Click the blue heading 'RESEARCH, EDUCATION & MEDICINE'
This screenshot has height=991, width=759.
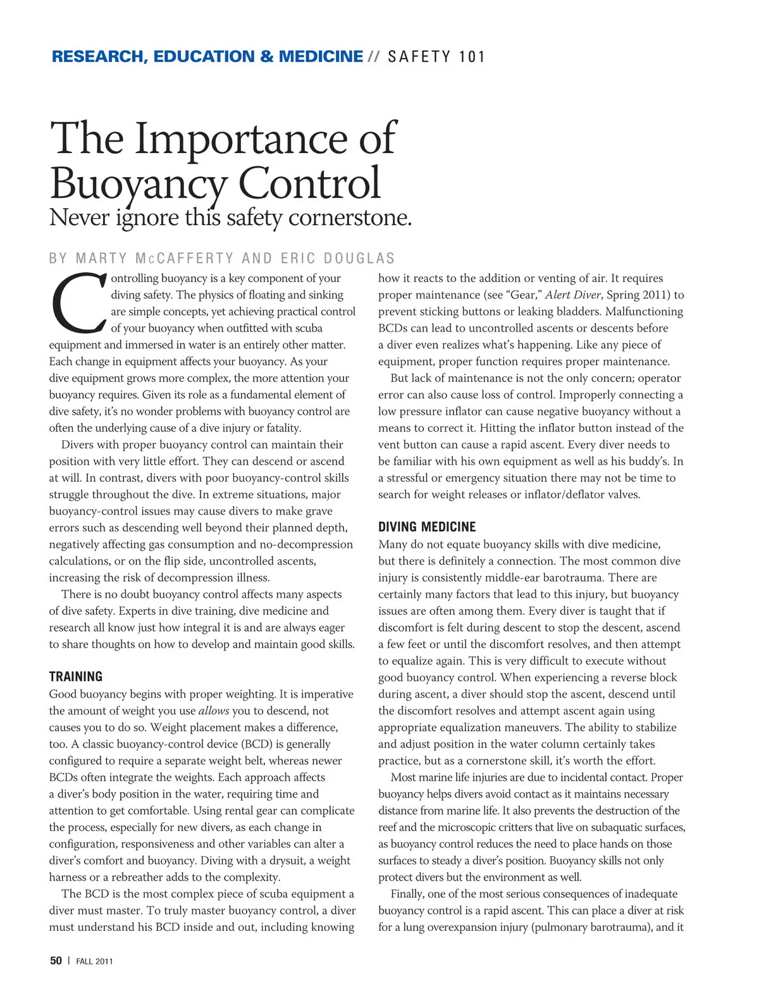click(207, 57)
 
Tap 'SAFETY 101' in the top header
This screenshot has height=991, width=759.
click(436, 57)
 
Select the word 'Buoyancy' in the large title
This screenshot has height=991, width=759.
click(138, 184)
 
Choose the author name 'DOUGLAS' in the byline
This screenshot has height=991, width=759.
click(359, 259)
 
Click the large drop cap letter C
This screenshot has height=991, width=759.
click(77, 303)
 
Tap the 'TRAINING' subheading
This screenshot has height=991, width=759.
click(76, 677)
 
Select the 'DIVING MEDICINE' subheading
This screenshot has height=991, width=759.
click(427, 527)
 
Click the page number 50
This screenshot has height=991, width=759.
click(56, 961)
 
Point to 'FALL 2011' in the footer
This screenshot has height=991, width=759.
click(94, 961)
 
